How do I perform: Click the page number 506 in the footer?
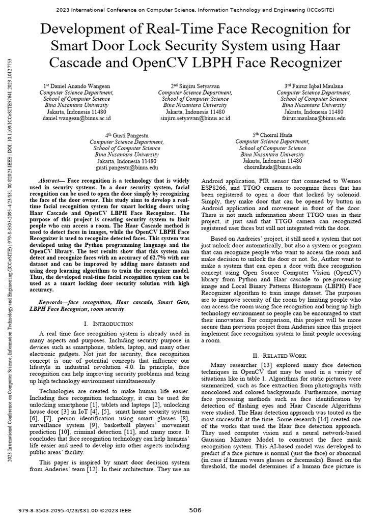click(x=195, y=510)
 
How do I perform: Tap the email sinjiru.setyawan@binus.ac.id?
click(x=195, y=118)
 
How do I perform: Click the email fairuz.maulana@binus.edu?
click(x=314, y=118)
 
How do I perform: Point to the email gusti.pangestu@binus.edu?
click(x=127, y=167)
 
